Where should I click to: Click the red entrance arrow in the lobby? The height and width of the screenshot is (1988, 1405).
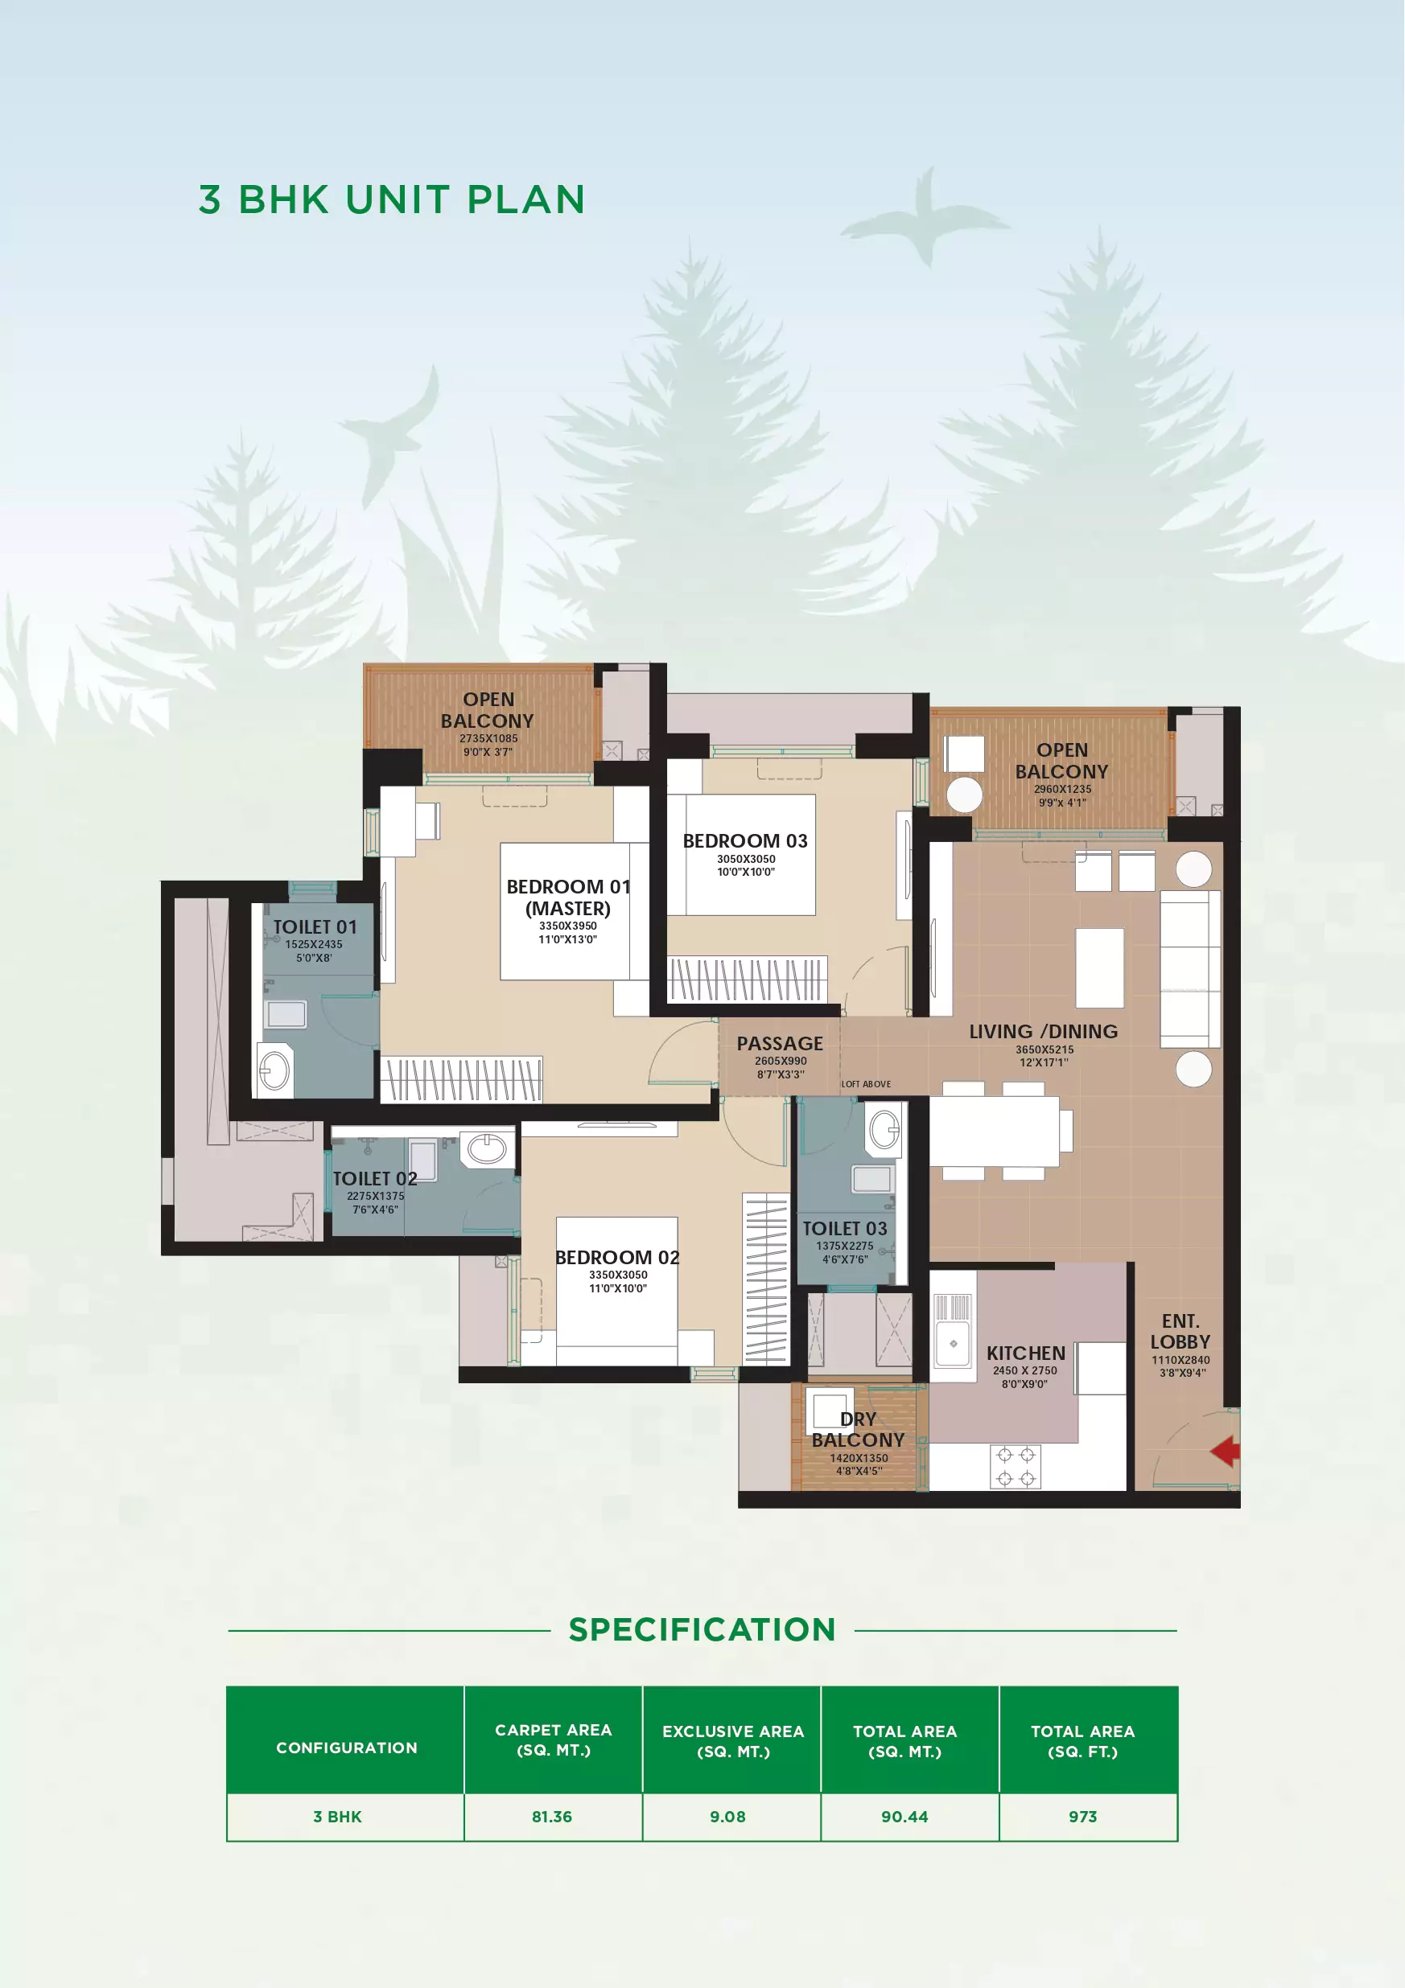[1226, 1451]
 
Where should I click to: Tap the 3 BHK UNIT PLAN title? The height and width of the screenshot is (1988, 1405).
[392, 200]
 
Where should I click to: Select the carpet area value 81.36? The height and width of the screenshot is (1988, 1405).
[552, 1817]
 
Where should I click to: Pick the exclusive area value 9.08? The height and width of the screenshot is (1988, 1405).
[727, 1817]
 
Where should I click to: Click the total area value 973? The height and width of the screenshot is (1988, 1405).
[1083, 1817]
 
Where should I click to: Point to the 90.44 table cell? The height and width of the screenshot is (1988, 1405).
[904, 1817]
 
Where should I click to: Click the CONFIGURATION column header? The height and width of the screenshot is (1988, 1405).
[347, 1748]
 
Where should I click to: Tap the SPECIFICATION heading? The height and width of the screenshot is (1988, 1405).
[702, 1629]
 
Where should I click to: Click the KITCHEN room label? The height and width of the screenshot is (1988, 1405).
[1026, 1353]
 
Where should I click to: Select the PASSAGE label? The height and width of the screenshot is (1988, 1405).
[780, 1043]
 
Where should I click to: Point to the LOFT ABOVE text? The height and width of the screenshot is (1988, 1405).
[865, 1084]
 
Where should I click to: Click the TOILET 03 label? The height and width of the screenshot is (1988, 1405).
[845, 1229]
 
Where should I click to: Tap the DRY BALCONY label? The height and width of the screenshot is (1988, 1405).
[858, 1430]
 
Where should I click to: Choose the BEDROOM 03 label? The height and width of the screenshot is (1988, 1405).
[745, 840]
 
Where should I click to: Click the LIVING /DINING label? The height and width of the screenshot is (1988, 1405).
[1043, 1031]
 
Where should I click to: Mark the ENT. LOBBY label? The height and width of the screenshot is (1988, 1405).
[1180, 1332]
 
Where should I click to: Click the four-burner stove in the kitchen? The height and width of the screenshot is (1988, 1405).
[1016, 1467]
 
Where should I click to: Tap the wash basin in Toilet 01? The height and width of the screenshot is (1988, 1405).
[274, 1071]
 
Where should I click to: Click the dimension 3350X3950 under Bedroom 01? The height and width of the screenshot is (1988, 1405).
[568, 926]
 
